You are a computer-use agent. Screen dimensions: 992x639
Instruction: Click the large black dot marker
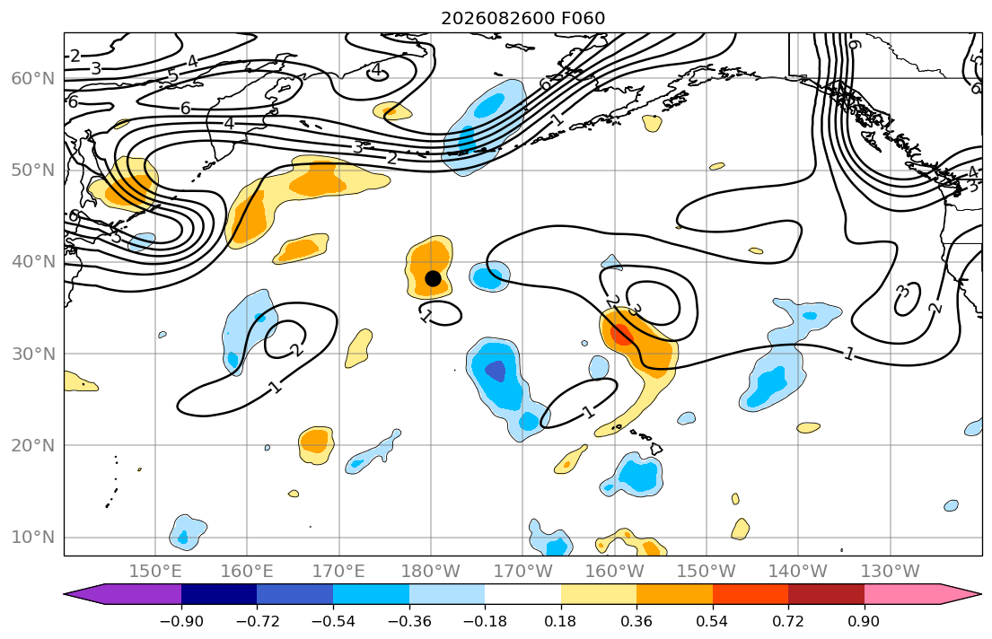(433, 278)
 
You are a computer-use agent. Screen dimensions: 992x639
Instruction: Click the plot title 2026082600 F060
(523, 18)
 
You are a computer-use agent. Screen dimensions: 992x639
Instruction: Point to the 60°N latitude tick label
(33, 78)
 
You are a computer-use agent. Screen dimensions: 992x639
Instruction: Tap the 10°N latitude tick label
(33, 538)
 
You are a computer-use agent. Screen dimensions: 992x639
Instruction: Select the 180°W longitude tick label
(431, 572)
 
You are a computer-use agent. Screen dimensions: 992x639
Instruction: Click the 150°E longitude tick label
(155, 572)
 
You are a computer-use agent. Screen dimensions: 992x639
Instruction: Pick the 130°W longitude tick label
(891, 572)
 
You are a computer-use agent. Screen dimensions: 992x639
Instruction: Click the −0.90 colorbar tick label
(181, 621)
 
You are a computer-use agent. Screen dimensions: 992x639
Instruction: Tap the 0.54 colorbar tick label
(713, 621)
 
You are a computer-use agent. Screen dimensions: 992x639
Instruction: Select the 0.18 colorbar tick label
(560, 621)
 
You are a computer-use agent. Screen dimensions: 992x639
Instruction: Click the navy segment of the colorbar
(219, 594)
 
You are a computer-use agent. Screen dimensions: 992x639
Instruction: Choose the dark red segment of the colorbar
(826, 594)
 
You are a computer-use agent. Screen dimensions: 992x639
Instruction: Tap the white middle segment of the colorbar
(522, 594)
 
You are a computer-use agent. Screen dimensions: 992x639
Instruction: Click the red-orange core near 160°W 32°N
(620, 334)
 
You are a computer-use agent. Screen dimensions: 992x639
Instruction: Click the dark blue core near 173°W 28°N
(496, 371)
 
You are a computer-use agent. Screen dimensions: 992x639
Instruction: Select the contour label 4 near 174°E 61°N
(377, 70)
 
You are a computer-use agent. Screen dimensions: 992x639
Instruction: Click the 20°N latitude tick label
(33, 445)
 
